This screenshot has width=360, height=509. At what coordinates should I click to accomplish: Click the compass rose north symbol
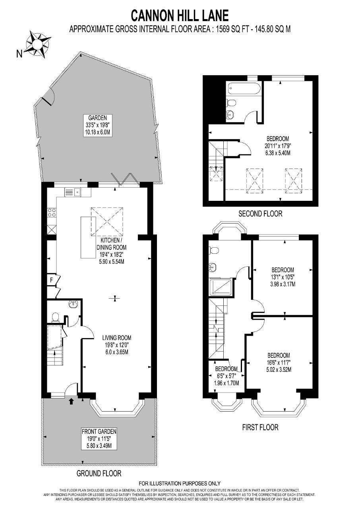(x=38, y=44)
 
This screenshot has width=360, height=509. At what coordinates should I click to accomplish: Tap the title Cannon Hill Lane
(x=180, y=16)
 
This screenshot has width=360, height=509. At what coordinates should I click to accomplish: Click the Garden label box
(x=98, y=125)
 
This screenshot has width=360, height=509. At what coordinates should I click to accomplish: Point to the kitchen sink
(x=73, y=192)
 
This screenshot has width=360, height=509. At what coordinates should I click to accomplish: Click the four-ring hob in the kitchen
(x=52, y=212)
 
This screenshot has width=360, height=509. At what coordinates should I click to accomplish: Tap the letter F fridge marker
(x=52, y=280)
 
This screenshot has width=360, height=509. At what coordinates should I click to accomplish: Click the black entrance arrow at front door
(x=71, y=401)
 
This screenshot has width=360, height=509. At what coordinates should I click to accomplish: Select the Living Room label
(x=117, y=345)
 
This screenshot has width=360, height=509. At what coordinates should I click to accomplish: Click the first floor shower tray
(x=221, y=287)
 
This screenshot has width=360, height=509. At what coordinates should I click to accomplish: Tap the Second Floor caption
(x=260, y=214)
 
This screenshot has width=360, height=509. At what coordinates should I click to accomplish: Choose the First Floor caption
(x=260, y=427)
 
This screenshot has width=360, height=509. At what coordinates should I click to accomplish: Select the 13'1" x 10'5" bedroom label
(x=283, y=277)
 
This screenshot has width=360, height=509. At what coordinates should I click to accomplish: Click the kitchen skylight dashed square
(x=107, y=222)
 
